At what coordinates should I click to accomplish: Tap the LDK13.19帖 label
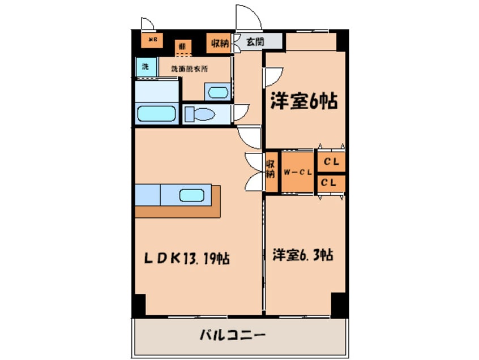coord(186,259)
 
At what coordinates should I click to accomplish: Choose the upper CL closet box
coord(331,162)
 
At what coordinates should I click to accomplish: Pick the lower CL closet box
coord(331,182)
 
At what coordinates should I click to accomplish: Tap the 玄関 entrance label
coord(255,42)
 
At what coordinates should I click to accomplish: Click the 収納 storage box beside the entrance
coord(220,43)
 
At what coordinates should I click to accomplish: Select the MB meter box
coord(152,40)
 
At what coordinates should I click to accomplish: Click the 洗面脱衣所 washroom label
coord(190,69)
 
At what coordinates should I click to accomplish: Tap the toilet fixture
coord(199,114)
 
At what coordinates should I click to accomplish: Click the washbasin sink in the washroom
coord(216,92)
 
